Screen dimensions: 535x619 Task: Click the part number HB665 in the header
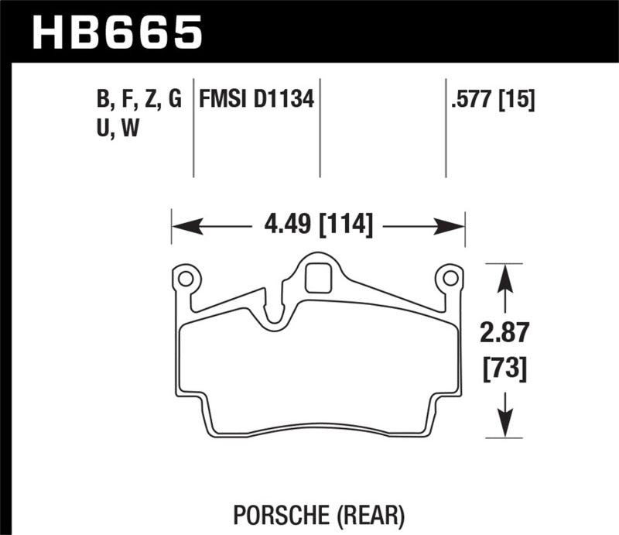(117, 32)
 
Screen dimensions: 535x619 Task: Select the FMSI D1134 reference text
(256, 100)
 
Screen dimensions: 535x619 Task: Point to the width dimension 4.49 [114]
(318, 226)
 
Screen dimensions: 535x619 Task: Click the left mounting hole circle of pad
(185, 276)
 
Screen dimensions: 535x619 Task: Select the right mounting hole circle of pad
(449, 277)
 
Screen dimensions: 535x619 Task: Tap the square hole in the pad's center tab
(317, 278)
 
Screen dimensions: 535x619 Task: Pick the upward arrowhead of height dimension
(505, 277)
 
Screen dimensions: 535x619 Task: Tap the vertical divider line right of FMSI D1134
(320, 128)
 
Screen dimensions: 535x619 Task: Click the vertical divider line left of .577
(446, 128)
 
